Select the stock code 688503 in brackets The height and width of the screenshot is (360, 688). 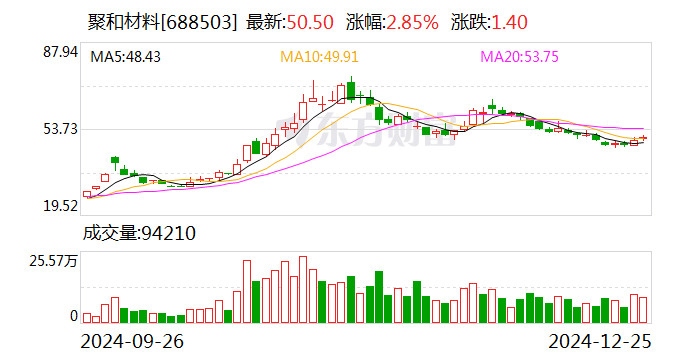point(204,22)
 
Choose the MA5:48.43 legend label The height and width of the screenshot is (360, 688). point(126,57)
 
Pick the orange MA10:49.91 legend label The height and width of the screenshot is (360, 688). point(318,57)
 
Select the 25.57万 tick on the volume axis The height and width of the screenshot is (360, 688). point(55,261)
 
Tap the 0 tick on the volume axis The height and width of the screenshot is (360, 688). point(73,316)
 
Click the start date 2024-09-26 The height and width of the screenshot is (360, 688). point(133,340)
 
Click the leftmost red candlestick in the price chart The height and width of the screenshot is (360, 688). point(86,194)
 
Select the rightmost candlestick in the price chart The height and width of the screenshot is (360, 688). point(643,138)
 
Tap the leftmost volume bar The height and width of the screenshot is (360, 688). point(86,317)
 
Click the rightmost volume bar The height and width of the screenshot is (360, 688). point(643,310)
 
